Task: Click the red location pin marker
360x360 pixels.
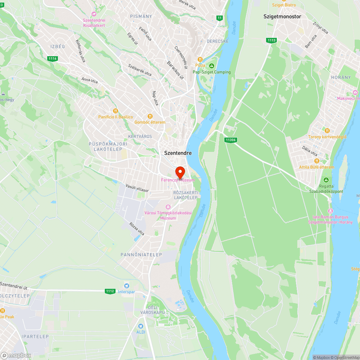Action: pos(180,171)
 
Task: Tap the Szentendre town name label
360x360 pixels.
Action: pos(178,153)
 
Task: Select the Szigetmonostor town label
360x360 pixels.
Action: pos(282,17)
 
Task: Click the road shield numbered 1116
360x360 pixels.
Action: pos(53,58)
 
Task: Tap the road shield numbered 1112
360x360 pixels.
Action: pos(110,291)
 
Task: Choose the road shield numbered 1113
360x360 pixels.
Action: pos(271,40)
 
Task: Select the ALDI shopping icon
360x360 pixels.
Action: pos(141,326)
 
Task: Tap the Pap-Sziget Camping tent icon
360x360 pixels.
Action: pos(212,66)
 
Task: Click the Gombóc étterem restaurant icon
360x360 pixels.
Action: pos(150,116)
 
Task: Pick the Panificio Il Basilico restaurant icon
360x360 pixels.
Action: pos(116,111)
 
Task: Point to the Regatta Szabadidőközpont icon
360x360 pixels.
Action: pos(326,180)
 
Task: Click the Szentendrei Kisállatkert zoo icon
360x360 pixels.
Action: pos(94,14)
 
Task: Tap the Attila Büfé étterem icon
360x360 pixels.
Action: pos(316,161)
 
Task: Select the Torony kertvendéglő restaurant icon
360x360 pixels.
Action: pos(327,131)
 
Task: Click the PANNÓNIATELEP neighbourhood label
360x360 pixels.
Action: pos(141,255)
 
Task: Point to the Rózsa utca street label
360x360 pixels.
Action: pos(137,229)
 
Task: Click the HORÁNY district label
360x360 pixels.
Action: pos(341,77)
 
